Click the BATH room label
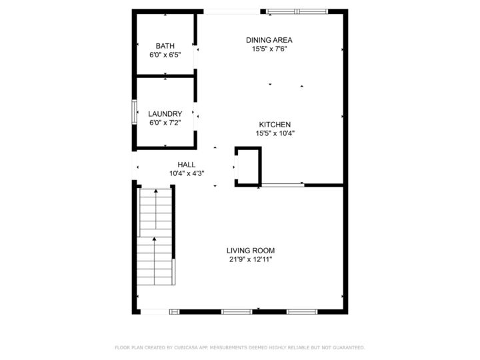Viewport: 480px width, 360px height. [x=165, y=46]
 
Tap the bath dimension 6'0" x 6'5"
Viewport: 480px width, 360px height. [x=165, y=55]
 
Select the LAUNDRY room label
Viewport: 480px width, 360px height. [x=165, y=114]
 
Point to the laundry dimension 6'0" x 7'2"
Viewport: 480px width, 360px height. [x=165, y=123]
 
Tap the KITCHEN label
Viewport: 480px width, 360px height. [x=275, y=124]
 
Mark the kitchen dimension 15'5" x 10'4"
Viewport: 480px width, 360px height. [x=275, y=133]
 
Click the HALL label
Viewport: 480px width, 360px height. [x=187, y=165]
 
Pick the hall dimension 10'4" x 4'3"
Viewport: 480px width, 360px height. [x=187, y=173]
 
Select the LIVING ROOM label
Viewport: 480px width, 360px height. [x=251, y=251]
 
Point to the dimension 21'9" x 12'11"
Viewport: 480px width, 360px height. [x=251, y=259]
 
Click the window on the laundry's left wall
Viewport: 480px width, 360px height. [x=134, y=112]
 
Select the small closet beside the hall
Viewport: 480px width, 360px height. [x=248, y=165]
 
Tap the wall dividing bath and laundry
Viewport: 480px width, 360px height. [x=165, y=77]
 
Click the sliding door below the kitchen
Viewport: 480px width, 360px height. [x=282, y=184]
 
